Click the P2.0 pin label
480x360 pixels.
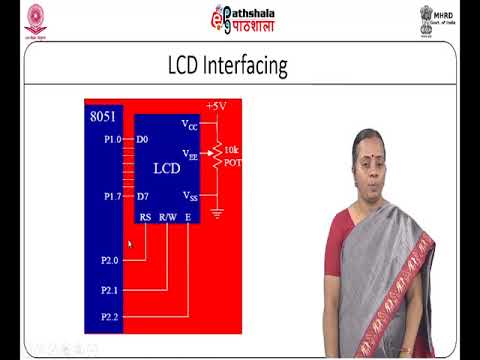click(x=111, y=260)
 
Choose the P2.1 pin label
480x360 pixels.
click(x=111, y=290)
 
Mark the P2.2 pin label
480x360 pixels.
click(x=111, y=317)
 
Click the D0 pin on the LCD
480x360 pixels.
click(x=143, y=139)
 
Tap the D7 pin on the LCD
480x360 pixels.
click(x=143, y=197)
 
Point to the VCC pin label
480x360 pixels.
click(x=190, y=125)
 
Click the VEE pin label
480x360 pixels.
click(x=190, y=155)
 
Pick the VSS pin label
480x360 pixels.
click(x=190, y=195)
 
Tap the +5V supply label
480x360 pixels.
click(x=215, y=105)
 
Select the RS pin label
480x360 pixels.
click(x=145, y=217)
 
